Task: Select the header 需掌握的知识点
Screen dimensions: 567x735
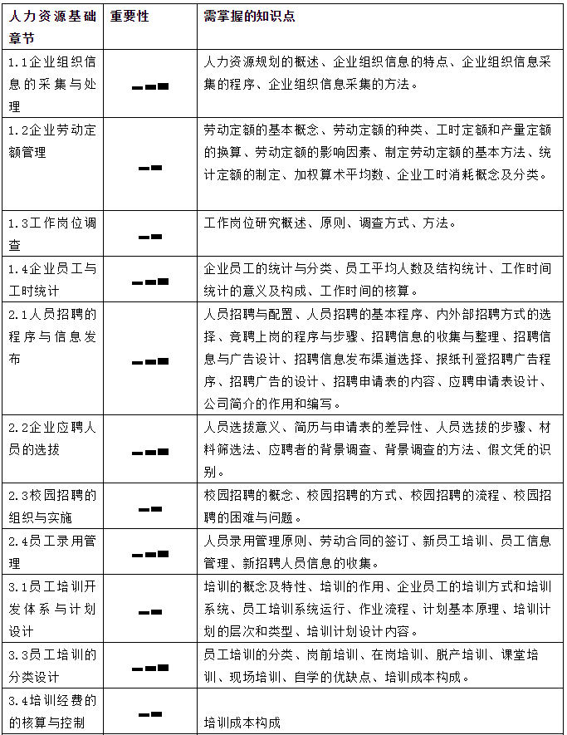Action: pyautogui.click(x=249, y=17)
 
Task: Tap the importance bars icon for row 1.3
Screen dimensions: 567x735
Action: pyautogui.click(x=150, y=237)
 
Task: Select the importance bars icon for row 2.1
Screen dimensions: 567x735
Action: pyautogui.click(x=150, y=361)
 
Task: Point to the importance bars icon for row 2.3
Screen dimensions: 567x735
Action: pyautogui.click(x=150, y=507)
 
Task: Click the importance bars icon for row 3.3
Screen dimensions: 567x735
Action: pyautogui.click(x=150, y=667)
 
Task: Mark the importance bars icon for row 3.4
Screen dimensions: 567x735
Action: pyautogui.click(x=150, y=713)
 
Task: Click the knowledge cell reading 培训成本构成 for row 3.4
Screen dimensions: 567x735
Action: pyautogui.click(x=242, y=723)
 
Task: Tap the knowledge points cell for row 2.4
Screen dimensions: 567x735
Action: pyautogui.click(x=378, y=551)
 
